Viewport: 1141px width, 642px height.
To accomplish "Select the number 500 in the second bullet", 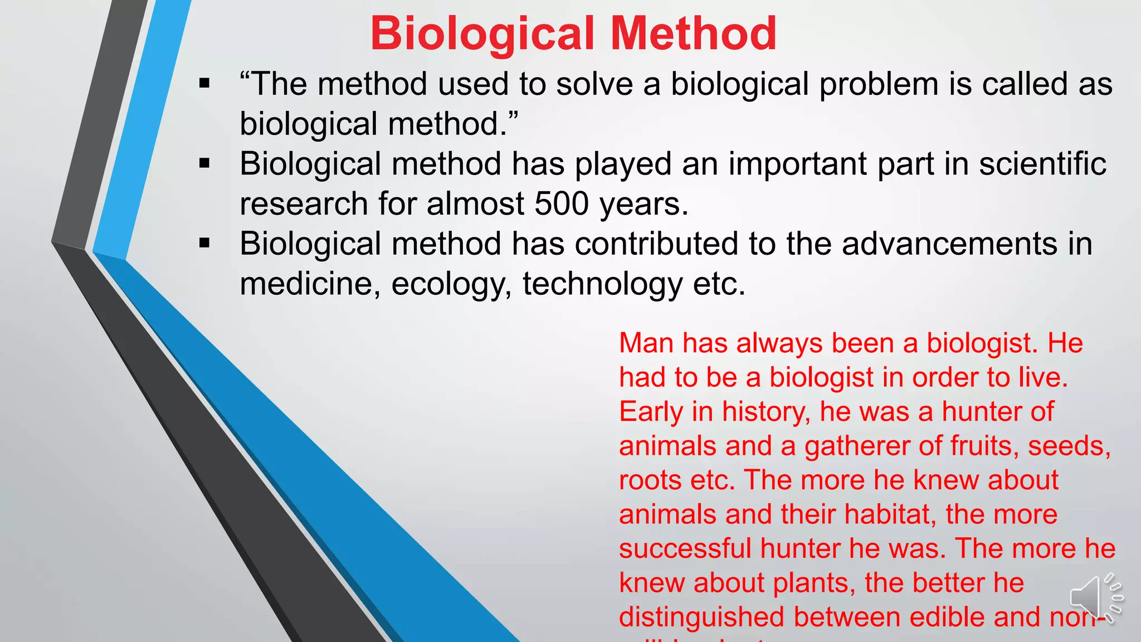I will click(x=561, y=204).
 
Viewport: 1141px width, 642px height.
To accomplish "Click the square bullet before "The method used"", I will click(x=204, y=84).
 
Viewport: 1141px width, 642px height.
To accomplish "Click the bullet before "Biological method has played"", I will click(x=204, y=164).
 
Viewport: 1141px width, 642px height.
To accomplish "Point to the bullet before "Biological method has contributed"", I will click(x=204, y=244).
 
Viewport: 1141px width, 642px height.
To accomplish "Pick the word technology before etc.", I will click(x=602, y=285).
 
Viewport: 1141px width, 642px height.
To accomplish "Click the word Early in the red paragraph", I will click(x=651, y=412).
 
